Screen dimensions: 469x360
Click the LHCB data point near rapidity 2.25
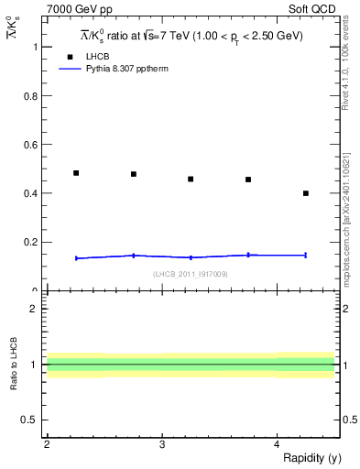coord(76,172)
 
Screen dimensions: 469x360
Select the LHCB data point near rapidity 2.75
coord(134,174)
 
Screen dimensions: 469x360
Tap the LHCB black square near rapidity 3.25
coord(191,179)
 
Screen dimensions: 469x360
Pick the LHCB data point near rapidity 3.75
coord(248,180)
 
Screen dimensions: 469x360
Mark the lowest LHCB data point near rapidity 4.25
coord(306,193)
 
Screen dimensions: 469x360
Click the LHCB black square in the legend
coord(69,57)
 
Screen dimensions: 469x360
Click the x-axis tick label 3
coord(162,444)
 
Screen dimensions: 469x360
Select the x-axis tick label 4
coord(278,444)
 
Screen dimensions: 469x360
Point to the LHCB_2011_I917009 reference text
coord(191,274)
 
